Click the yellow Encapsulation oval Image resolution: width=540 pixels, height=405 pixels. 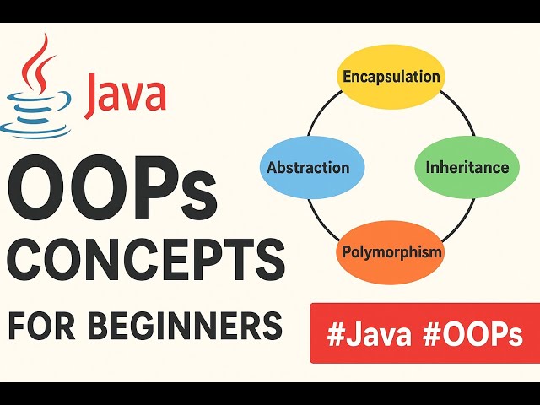(391, 77)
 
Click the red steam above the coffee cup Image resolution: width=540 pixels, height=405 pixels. (35, 59)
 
